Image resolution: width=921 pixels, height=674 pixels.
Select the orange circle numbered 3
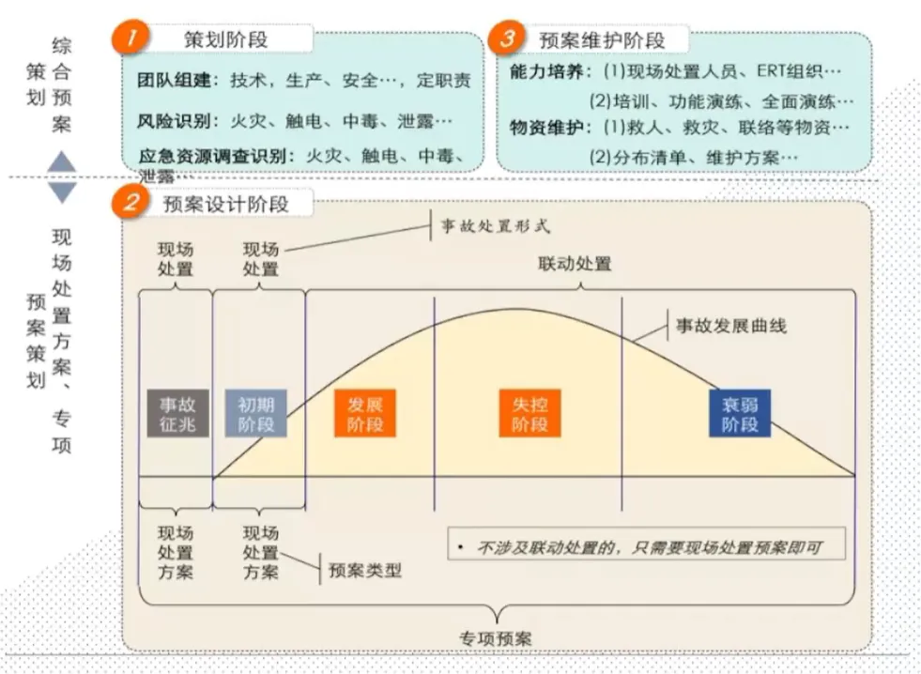click(509, 38)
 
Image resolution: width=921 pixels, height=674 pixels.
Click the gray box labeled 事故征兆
click(177, 414)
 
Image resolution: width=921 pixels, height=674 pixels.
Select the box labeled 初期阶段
click(255, 414)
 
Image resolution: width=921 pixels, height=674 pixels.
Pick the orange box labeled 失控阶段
click(529, 414)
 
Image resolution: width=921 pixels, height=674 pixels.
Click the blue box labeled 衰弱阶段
click(740, 414)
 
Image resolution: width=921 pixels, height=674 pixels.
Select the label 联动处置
click(575, 264)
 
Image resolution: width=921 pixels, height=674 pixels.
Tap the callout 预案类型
click(364, 569)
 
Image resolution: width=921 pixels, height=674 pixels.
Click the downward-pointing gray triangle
click(62, 192)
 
